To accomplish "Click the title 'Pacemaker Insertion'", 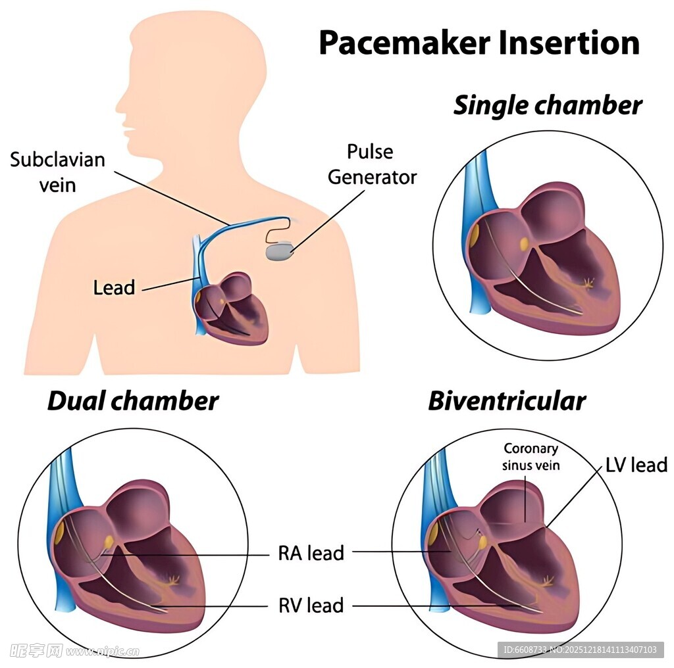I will coord(479,43).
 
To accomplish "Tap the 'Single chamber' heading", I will coord(548,105).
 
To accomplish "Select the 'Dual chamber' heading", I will coord(133,400).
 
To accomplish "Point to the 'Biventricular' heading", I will coord(507,400).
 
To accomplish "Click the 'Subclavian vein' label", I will coord(57,172).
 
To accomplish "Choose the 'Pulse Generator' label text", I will coord(372,164).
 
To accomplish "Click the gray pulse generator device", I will coord(279,250).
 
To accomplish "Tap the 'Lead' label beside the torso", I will coord(114,287).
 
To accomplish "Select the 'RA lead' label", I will coord(311,553).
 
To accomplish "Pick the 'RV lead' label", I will coord(311,605).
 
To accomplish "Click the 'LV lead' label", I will coord(636,465).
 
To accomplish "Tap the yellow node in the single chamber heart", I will coord(525,245).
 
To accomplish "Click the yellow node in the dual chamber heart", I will coord(109,542).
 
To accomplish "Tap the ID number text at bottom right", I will coord(580,650).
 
